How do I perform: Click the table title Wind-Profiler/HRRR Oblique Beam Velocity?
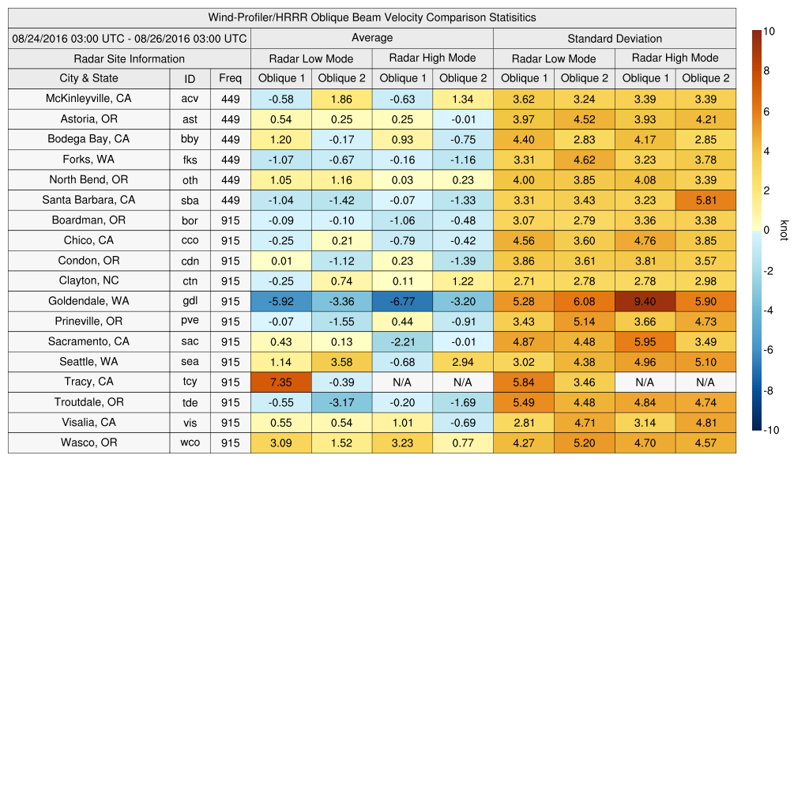372,17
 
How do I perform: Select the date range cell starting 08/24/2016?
130,38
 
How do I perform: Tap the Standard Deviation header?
615,38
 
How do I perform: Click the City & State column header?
89,78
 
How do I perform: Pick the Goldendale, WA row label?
89,301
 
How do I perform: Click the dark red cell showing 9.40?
645,302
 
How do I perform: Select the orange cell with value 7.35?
280,382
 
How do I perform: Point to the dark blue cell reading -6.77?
402,302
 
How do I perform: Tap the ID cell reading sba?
190,201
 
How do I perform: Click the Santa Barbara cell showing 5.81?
706,201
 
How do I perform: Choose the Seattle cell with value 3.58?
341,363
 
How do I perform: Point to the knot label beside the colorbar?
785,230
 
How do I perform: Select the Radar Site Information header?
130,58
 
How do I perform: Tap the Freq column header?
230,78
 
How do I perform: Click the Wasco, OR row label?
89,442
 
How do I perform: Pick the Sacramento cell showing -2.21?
402,342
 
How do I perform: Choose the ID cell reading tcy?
190,382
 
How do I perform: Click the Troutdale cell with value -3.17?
341,402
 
